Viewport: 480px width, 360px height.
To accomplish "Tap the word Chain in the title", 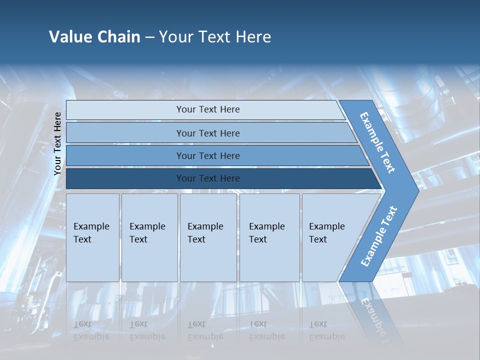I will coord(118,37).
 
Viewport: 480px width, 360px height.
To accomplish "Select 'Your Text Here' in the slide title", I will coord(215,37).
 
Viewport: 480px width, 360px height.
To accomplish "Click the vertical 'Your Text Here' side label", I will coord(57,143).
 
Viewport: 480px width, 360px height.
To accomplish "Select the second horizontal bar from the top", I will coord(207,133).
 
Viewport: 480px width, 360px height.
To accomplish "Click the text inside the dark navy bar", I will coord(208,178).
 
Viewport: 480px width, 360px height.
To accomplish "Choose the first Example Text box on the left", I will coord(92,237).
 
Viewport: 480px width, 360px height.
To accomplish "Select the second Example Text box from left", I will coord(149,237).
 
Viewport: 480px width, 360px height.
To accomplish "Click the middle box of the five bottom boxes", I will coord(208,237).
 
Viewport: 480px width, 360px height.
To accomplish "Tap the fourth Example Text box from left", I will coord(269,237).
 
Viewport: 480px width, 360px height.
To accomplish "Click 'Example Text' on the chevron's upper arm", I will coord(377,142).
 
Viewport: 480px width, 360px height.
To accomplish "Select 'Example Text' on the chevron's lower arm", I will coord(378,236).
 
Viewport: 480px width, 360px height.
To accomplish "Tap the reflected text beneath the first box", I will coord(91,330).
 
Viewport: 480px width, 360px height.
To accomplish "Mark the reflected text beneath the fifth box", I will coord(326,330).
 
